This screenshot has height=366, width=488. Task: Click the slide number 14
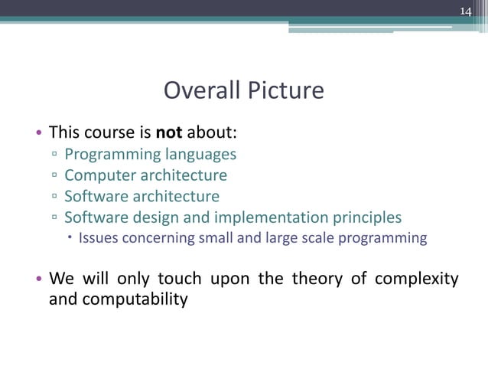[466, 11]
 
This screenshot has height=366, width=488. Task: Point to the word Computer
[99, 175]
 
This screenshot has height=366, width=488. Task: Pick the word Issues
[97, 237]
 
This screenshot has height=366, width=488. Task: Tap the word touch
[177, 278]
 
